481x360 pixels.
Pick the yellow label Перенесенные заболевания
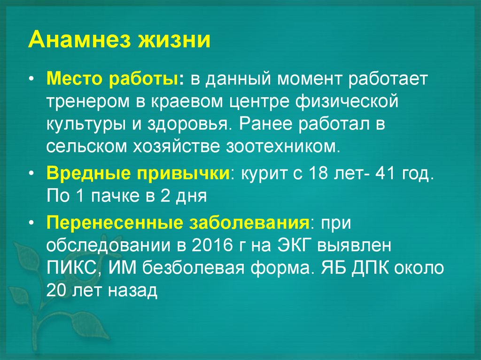178,222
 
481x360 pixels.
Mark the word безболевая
197,268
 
